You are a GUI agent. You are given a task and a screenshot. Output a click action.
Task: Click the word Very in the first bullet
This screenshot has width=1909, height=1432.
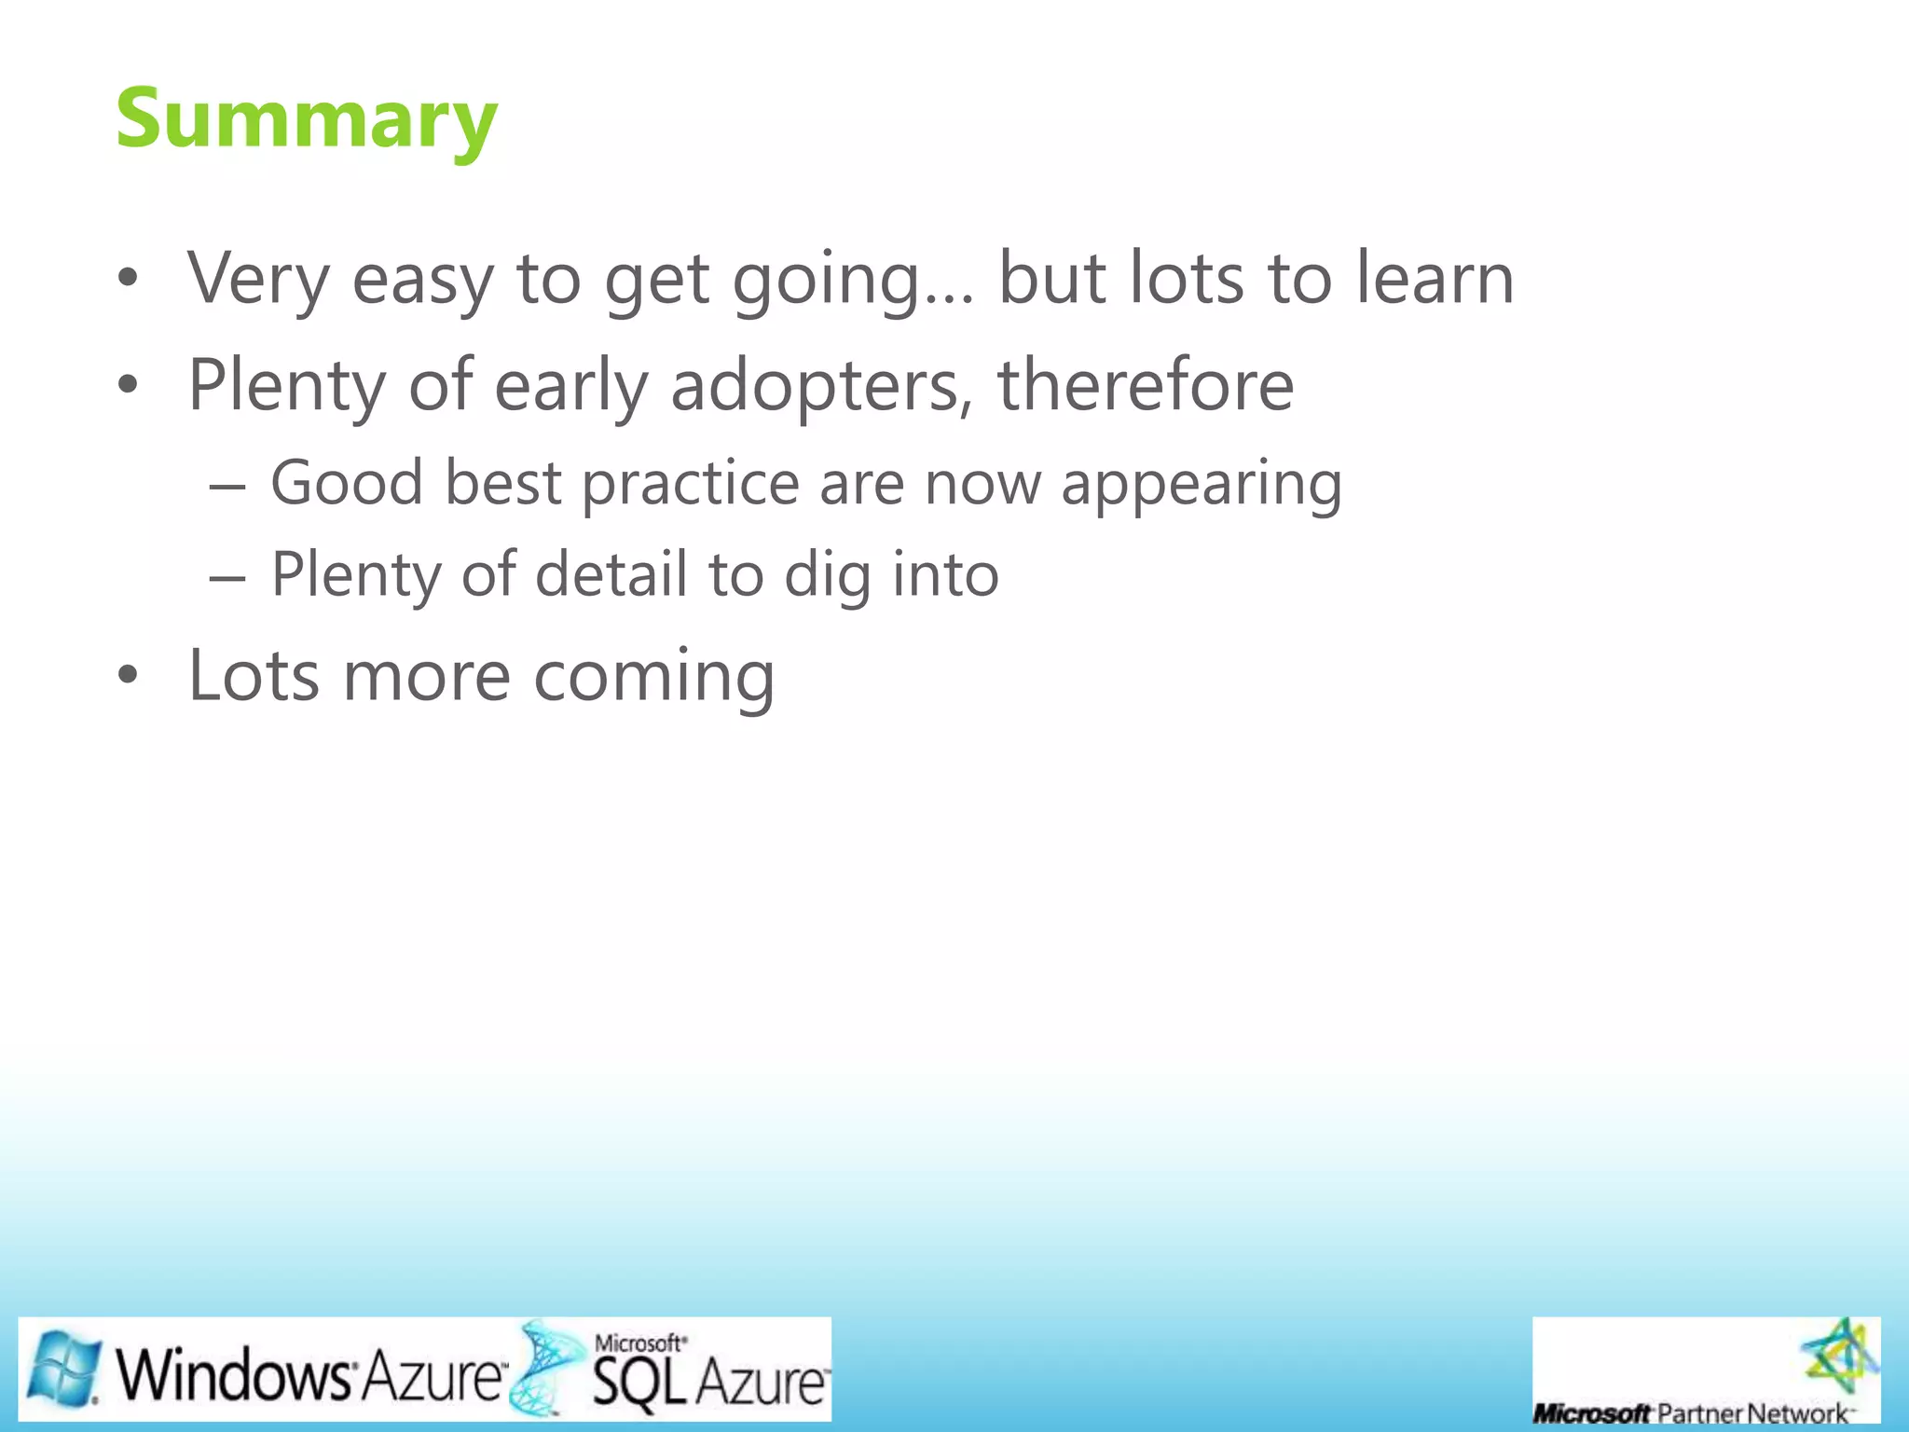(258, 278)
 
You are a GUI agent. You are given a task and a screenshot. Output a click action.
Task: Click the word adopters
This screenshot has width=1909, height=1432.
(815, 386)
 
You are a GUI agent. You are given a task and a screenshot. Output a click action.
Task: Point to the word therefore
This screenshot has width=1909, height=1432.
(1145, 384)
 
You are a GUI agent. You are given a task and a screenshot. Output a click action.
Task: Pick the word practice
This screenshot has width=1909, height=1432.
(690, 483)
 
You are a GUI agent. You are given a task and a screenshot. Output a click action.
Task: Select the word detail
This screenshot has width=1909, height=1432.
(611, 574)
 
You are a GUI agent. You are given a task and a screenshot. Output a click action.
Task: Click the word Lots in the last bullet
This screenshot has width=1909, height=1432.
(254, 675)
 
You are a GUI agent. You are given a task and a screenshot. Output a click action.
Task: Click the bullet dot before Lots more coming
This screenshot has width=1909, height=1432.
(128, 675)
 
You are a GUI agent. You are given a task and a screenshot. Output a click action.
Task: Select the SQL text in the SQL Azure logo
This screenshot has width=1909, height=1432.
(639, 1383)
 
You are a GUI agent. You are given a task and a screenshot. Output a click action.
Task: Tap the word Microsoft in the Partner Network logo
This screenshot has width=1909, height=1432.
(1591, 1413)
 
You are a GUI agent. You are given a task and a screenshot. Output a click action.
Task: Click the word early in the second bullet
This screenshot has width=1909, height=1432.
(570, 386)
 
